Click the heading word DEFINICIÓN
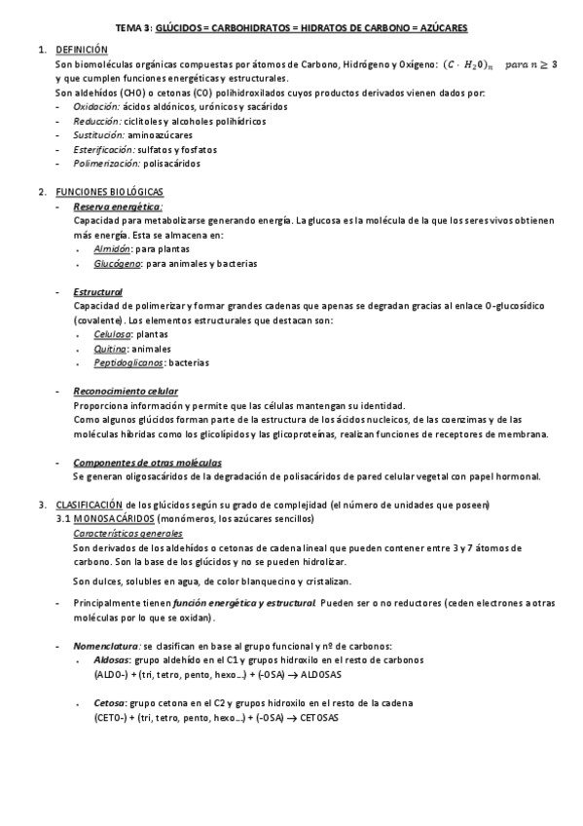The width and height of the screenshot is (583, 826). tap(82, 49)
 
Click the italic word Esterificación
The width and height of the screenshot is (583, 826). tap(105, 149)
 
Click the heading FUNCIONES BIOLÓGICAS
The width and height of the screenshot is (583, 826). tap(110, 192)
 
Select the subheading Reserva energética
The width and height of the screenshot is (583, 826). tap(118, 207)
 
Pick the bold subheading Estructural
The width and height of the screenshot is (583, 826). tap(97, 292)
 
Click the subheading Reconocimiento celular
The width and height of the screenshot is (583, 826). tap(126, 392)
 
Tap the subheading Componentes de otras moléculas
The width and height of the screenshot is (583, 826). tap(147, 463)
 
